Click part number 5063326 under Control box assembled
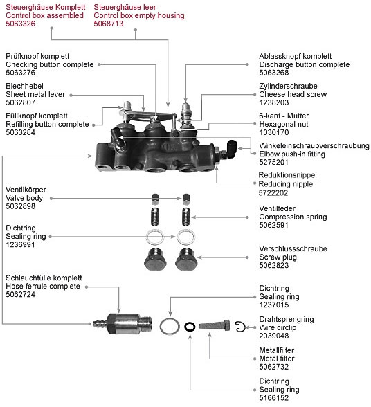pyautogui.click(x=20, y=23)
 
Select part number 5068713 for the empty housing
pyautogui.click(x=109, y=23)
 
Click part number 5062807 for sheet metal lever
pyautogui.click(x=20, y=100)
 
